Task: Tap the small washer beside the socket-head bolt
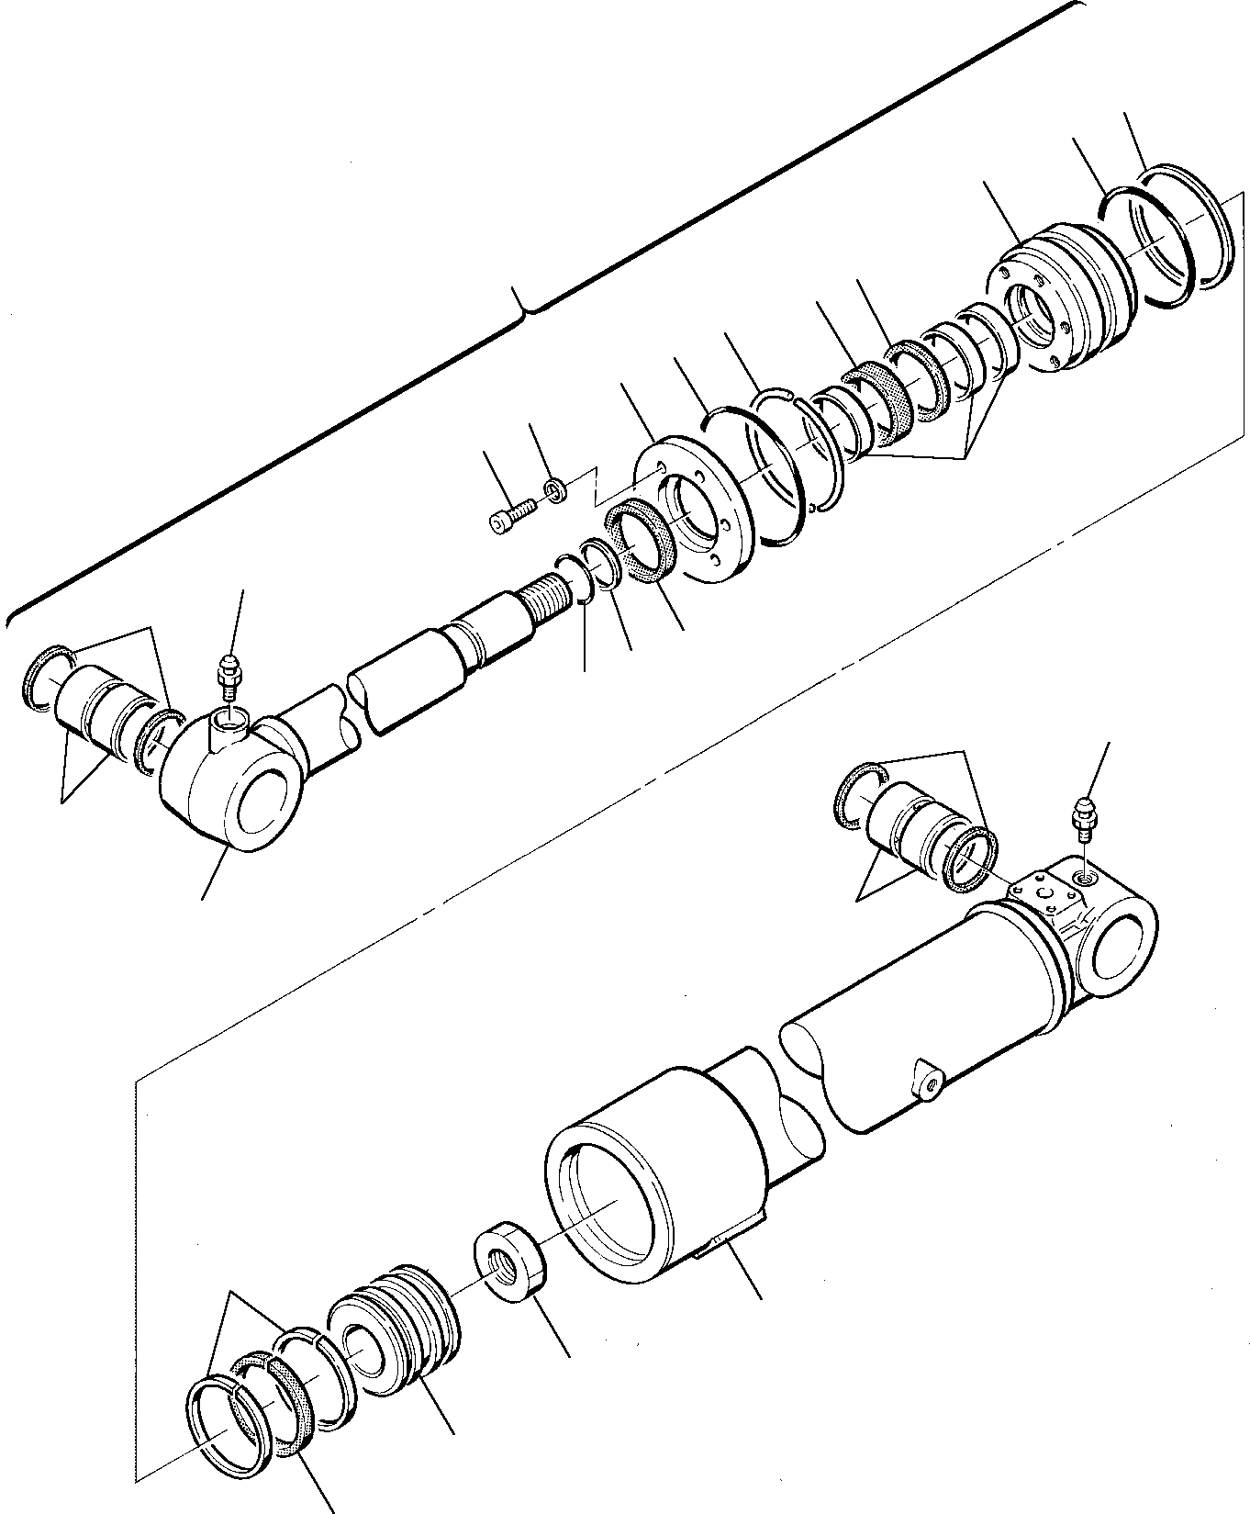click(x=554, y=489)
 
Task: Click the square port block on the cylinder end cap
click(x=1040, y=892)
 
